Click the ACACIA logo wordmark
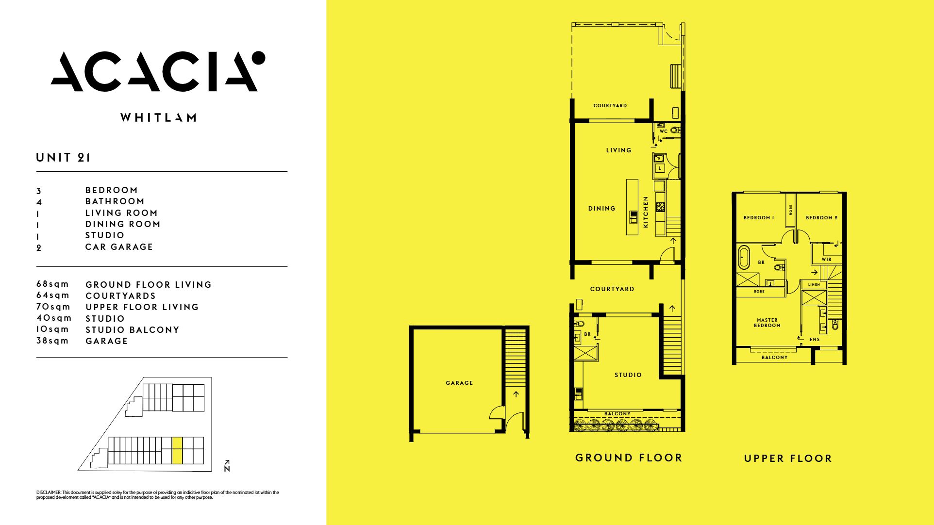158,71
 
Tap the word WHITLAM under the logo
158,117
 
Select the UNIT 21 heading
63,157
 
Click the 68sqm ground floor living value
52,284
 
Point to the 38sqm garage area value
52,341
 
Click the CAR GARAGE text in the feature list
119,246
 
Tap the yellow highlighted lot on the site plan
177,450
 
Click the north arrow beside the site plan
227,466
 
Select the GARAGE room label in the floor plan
459,383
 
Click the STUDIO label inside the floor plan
628,375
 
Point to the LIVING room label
618,150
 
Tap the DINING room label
602,209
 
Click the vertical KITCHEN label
646,212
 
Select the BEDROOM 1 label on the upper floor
759,218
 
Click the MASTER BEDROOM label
767,323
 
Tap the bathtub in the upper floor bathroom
744,258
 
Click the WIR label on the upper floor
826,260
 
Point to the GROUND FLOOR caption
629,458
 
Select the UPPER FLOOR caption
788,458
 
